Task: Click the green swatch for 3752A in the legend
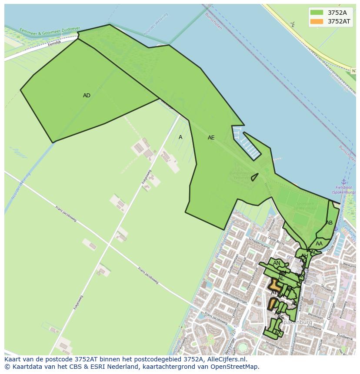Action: [x=317, y=13]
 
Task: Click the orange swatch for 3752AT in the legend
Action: [x=317, y=21]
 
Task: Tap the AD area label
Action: [x=87, y=96]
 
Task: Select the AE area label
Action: [x=211, y=138]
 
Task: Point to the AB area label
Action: [x=329, y=223]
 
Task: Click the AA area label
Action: [x=319, y=244]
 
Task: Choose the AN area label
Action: [x=277, y=263]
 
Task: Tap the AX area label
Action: [x=278, y=333]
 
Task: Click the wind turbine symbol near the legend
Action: [x=293, y=24]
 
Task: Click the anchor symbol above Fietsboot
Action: [x=343, y=182]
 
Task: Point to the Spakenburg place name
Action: [x=297, y=322]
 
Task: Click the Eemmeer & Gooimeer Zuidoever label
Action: [x=50, y=31]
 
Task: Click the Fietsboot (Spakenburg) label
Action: [x=343, y=190]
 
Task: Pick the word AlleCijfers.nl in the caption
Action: [x=226, y=360]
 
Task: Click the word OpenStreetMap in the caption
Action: [x=237, y=367]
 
